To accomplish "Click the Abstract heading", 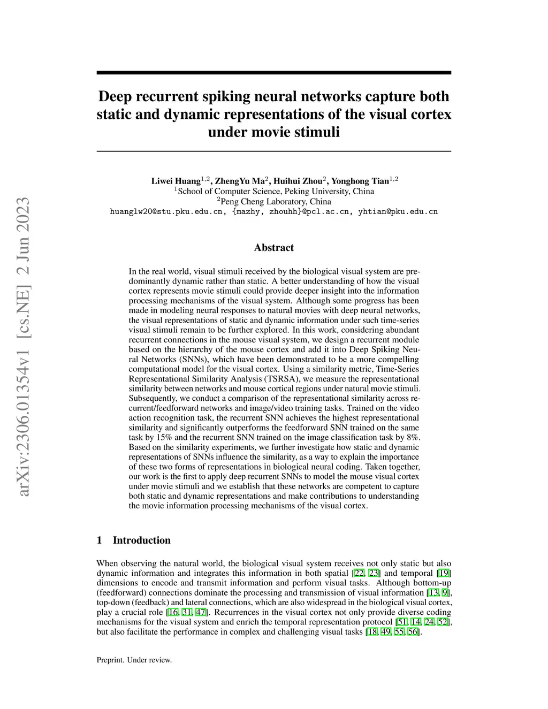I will pos(273,248).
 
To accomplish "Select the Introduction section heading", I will pos(141,540).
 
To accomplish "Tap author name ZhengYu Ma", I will pos(241,181).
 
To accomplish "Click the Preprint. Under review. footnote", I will pos(134,660).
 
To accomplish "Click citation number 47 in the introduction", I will pos(201,612).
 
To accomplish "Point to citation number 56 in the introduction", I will pos(413,632).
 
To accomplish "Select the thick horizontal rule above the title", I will pos(273,72).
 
